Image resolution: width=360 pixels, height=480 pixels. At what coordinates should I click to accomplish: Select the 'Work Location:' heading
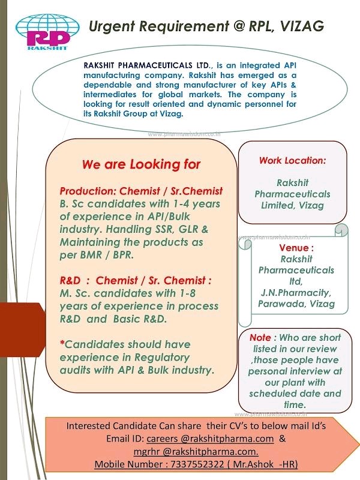pyautogui.click(x=292, y=160)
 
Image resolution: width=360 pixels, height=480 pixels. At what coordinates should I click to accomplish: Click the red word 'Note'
pyautogui.click(x=260, y=338)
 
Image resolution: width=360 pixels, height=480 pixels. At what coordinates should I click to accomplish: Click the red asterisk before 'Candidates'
pyautogui.click(x=62, y=345)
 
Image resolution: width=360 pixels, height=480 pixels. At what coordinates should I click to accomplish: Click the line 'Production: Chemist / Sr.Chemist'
pyautogui.click(x=141, y=191)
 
